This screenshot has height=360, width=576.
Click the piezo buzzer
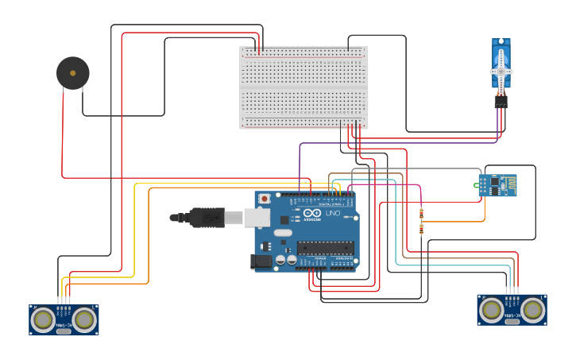(73, 73)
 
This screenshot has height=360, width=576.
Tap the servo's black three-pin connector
(501, 102)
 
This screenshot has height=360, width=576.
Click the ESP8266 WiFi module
(498, 185)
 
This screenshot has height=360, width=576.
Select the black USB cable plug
(206, 217)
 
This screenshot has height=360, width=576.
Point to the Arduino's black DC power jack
(261, 261)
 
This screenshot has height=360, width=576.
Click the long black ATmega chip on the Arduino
(326, 247)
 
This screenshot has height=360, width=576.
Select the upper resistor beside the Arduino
(421, 212)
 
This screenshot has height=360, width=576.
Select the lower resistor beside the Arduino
(421, 229)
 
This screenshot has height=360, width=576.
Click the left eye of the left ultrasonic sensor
(42, 319)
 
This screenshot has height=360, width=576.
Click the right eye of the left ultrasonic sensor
(85, 319)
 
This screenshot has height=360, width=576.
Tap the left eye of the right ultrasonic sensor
(490, 309)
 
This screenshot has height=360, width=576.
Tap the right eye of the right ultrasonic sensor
(533, 309)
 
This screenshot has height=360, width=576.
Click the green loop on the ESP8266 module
(478, 186)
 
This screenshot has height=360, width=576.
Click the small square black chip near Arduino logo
(284, 219)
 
